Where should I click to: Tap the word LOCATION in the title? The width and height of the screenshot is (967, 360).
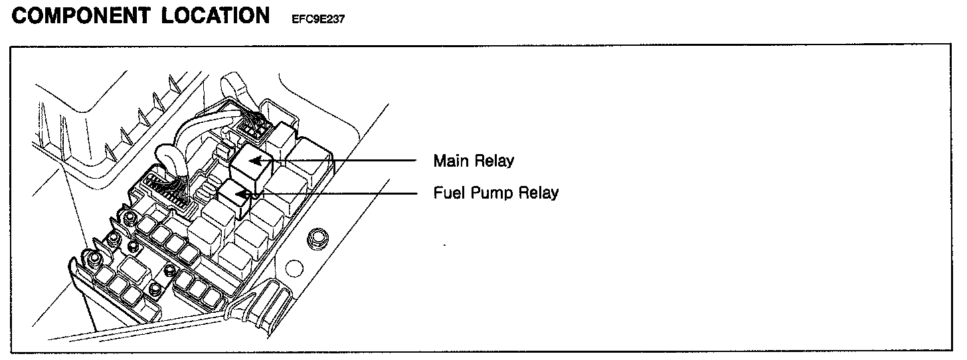click(x=215, y=17)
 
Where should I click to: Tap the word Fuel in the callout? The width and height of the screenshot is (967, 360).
click(x=448, y=193)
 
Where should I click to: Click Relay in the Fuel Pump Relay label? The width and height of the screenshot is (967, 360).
click(x=538, y=193)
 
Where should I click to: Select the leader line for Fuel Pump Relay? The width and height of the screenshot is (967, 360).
click(x=345, y=193)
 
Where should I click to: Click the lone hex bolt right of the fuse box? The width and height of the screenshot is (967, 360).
click(x=318, y=236)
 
